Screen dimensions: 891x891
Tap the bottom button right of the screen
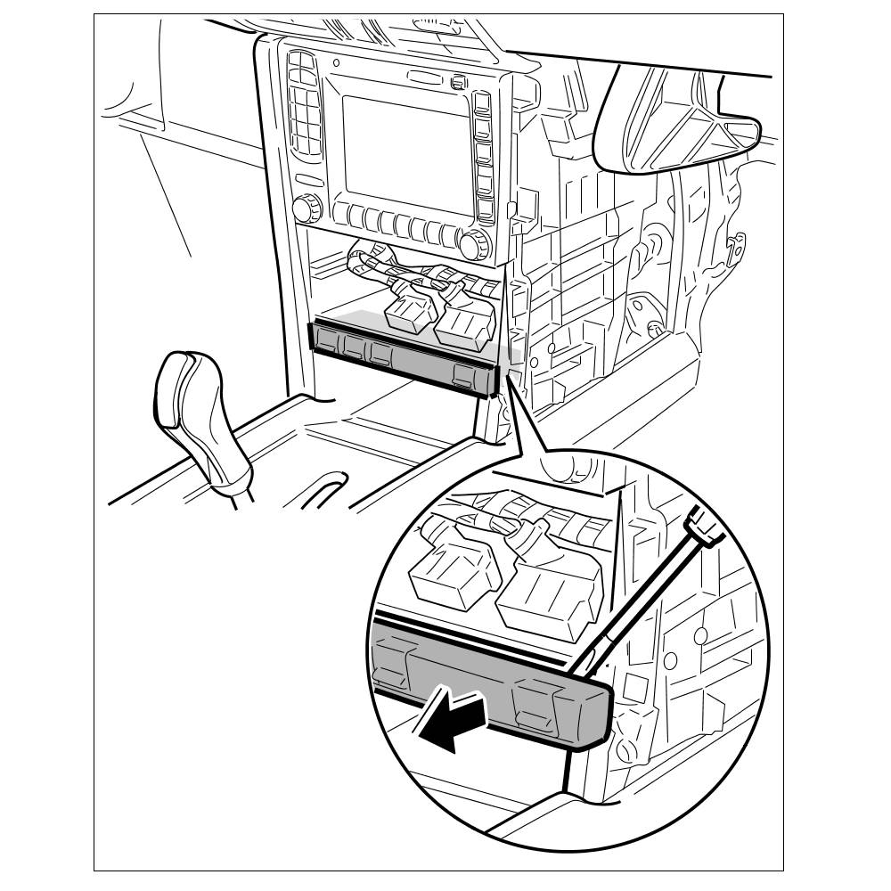pyautogui.click(x=486, y=210)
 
